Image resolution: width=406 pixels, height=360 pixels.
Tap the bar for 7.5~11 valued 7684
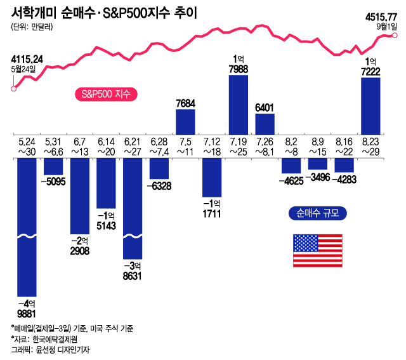[x=185, y=121]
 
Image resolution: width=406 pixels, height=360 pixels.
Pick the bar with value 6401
[x=265, y=124]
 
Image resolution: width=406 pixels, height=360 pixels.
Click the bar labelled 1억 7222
[x=370, y=106]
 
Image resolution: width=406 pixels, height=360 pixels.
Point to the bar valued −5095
[x=53, y=166]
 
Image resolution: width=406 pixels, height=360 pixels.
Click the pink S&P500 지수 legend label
[x=102, y=95]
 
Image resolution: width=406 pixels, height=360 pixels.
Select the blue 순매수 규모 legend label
[x=317, y=213]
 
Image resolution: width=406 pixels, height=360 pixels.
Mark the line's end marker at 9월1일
[x=395, y=36]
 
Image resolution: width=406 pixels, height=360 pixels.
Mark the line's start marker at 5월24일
[x=14, y=88]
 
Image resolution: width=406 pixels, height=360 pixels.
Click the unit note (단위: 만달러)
[x=32, y=27]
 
